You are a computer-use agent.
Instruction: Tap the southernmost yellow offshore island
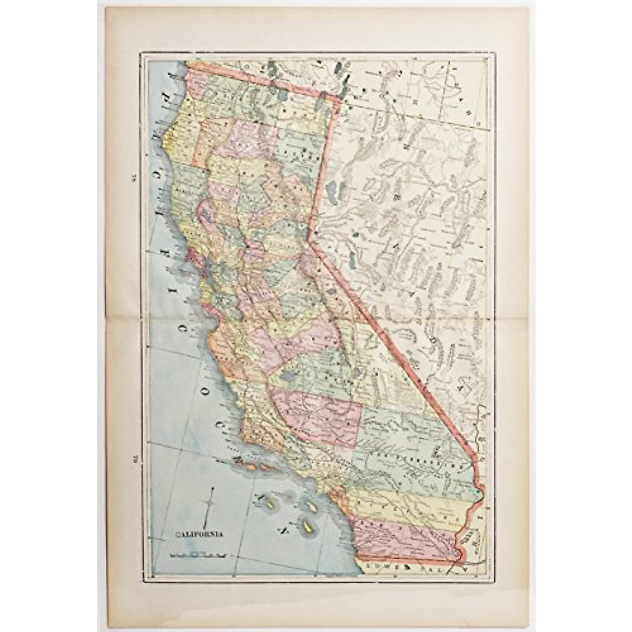(307, 525)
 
